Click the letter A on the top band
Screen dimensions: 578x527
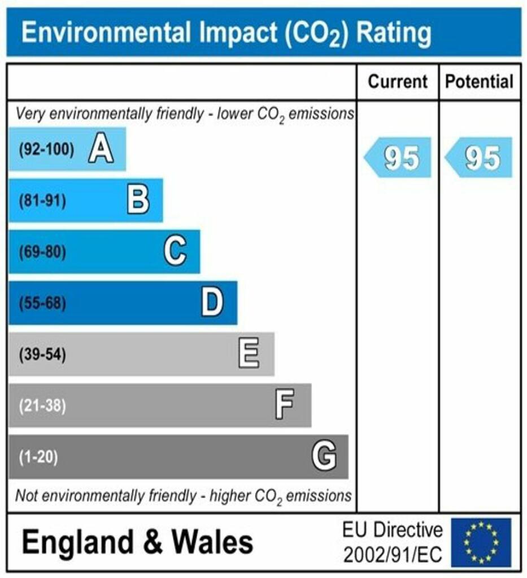(101, 150)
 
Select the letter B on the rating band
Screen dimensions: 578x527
(138, 200)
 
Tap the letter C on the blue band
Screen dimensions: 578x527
(175, 252)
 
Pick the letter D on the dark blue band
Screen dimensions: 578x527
(212, 303)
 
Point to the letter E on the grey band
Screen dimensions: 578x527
(249, 354)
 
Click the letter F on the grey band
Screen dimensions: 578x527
(285, 405)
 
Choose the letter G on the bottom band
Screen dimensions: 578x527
(324, 456)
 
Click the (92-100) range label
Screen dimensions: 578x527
(46, 150)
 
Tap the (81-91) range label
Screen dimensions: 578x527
(42, 201)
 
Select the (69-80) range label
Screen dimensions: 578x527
(42, 252)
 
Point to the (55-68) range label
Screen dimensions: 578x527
(42, 304)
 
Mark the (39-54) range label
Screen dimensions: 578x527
(42, 355)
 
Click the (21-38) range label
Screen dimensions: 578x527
(42, 406)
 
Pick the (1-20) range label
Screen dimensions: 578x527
(38, 457)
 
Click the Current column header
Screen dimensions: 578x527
(398, 82)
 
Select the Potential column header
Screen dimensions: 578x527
(480, 82)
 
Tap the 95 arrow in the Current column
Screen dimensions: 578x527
(398, 157)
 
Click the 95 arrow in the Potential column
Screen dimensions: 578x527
(479, 157)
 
